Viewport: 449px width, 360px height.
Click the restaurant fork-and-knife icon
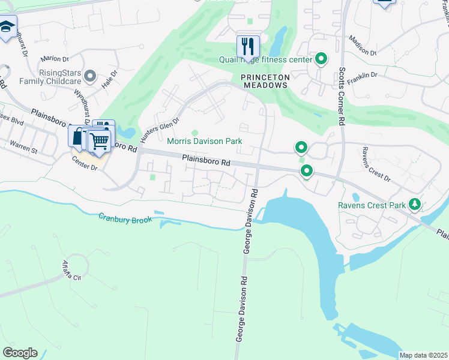pos(247,46)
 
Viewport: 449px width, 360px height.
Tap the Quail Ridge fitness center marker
pos(321,59)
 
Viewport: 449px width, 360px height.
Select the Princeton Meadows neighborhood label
pos(265,81)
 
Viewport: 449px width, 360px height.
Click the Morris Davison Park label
pos(204,141)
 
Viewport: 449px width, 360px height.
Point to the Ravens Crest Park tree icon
pos(414,205)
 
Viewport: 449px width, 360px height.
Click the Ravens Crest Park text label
pos(372,205)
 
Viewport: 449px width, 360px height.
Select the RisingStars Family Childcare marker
pos(90,76)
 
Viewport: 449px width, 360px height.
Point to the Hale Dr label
pos(110,78)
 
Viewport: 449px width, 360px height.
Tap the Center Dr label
pos(84,161)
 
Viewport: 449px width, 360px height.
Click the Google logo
pos(19,353)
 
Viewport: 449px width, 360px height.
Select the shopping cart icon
pos(99,142)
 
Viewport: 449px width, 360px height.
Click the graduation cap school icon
pos(7,28)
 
